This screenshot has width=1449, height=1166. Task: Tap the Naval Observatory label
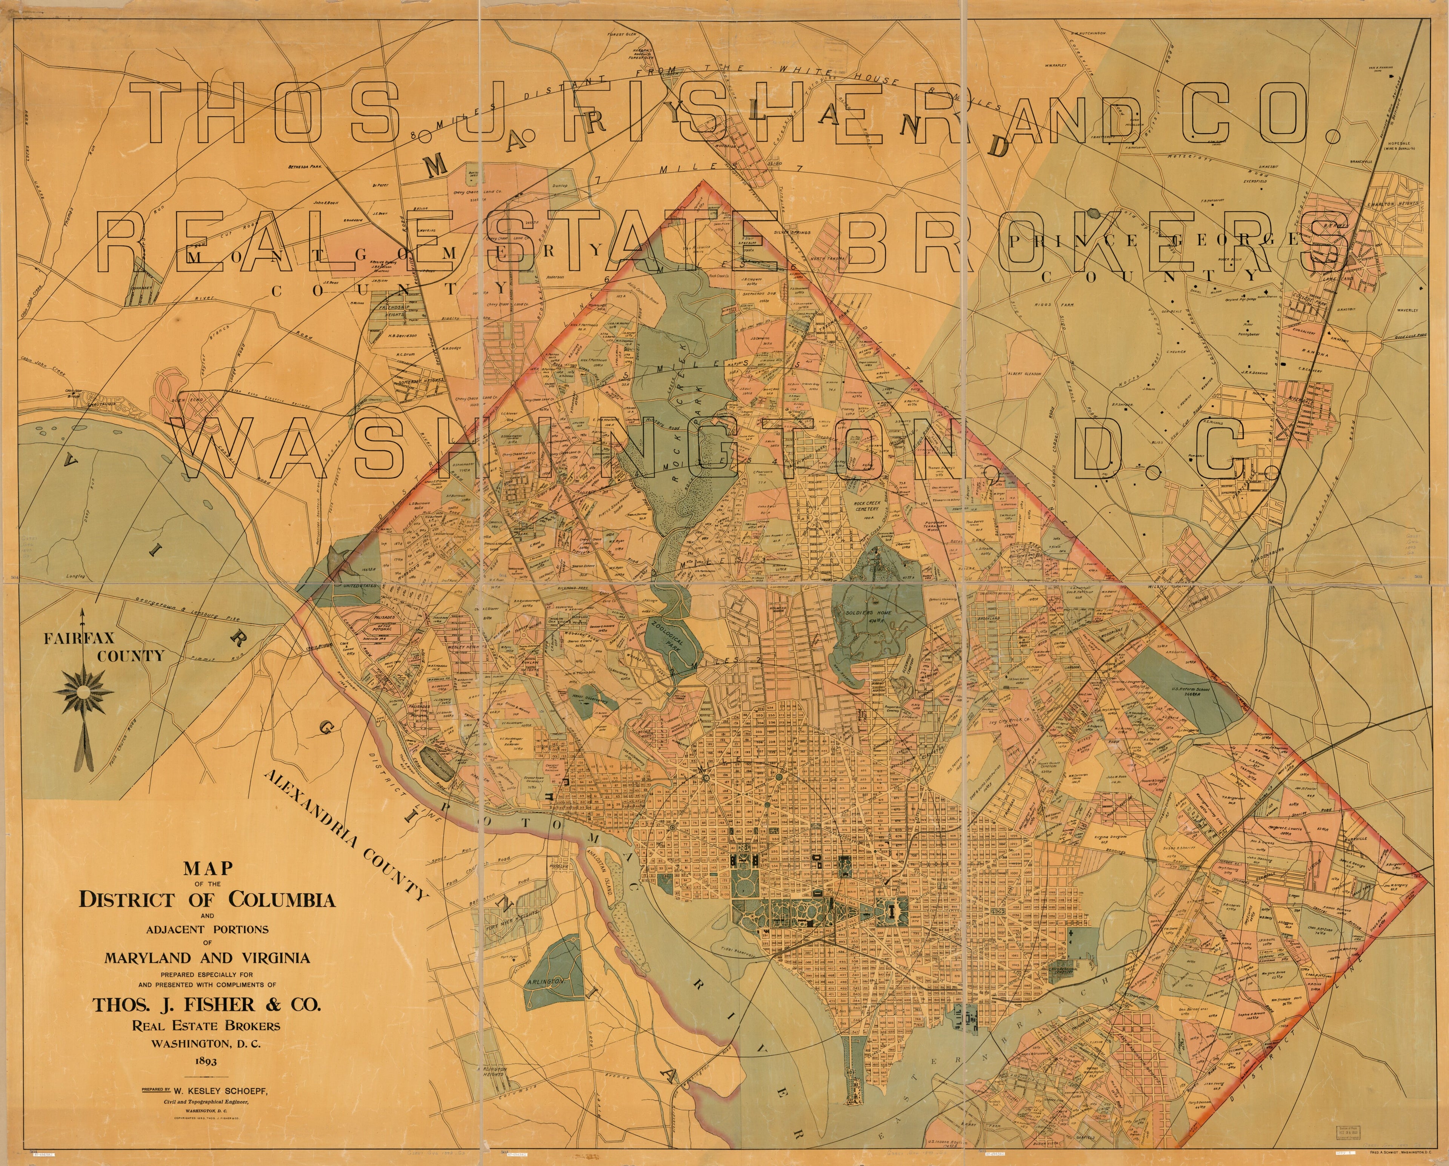(594, 699)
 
